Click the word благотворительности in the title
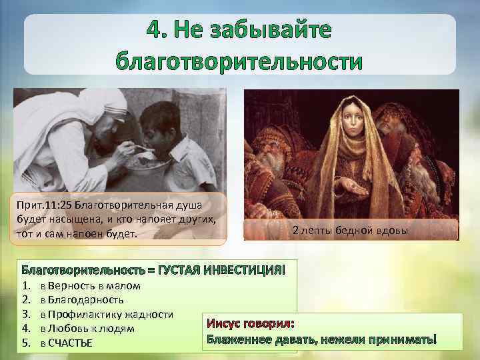pos(239,61)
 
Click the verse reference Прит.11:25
pos(46,205)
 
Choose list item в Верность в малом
pos(89,286)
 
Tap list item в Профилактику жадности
pos(107,314)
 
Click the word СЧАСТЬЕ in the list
pos(70,343)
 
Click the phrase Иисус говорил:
pos(251,324)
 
